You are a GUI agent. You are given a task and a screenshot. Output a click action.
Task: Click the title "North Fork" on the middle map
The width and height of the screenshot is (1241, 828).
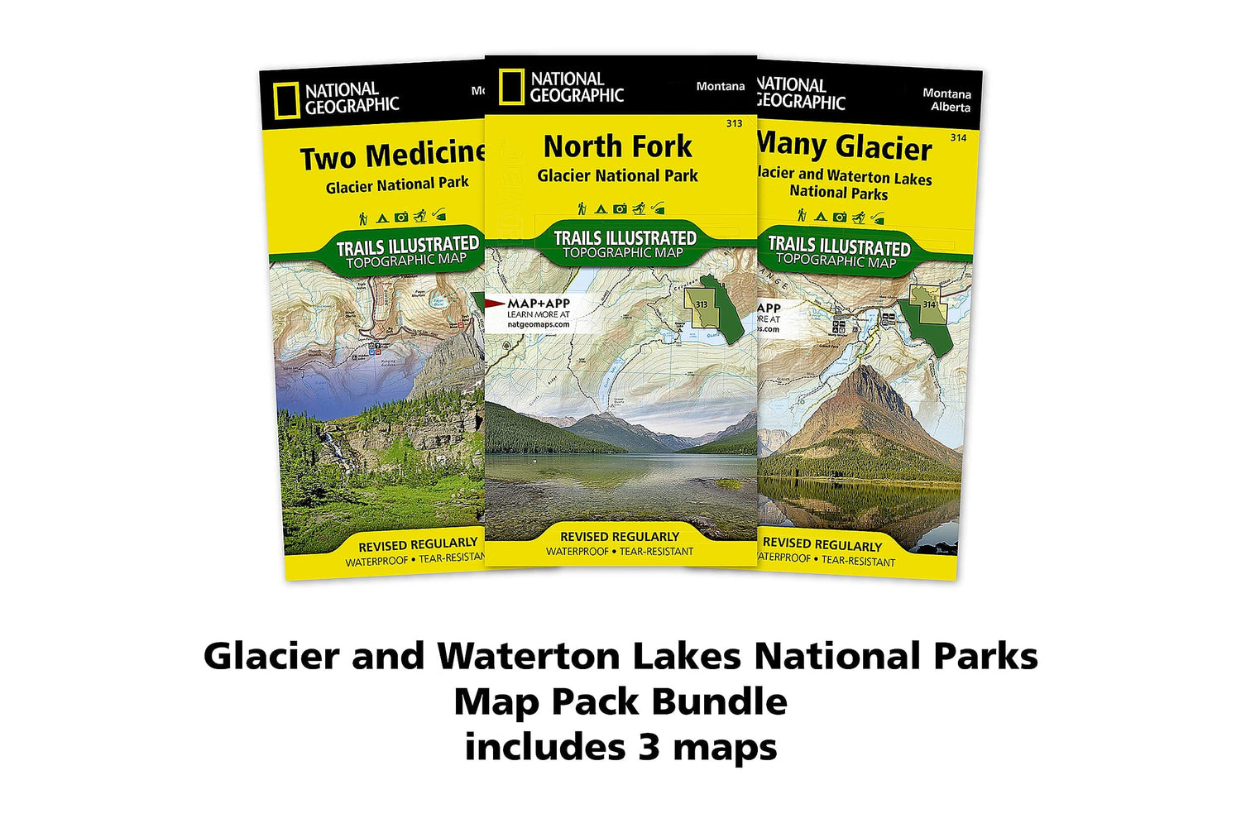[x=617, y=147]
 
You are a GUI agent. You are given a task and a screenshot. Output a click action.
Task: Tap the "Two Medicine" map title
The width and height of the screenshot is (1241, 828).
[x=391, y=156]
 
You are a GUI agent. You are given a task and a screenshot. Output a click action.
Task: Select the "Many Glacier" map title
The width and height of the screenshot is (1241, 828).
[x=844, y=147]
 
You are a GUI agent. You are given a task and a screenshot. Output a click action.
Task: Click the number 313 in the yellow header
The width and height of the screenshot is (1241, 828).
[x=734, y=123]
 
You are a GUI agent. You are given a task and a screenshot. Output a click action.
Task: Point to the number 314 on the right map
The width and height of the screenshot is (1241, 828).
[x=958, y=137]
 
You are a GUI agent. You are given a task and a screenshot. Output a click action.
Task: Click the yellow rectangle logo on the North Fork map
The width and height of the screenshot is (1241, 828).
[x=511, y=87]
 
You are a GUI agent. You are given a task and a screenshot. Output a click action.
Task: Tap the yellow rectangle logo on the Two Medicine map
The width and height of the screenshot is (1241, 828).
[x=287, y=102]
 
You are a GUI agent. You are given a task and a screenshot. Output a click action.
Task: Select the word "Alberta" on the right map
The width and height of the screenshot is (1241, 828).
[x=950, y=108]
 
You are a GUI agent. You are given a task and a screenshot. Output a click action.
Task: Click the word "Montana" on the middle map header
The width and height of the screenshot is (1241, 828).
[x=720, y=86]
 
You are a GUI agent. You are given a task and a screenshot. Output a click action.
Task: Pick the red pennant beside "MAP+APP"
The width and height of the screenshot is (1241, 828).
[x=495, y=304]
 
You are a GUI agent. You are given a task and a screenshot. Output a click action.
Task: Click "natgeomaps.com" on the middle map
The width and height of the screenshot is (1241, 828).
[x=539, y=324]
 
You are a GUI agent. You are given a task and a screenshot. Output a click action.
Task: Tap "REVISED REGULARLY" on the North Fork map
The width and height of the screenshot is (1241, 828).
[x=619, y=537]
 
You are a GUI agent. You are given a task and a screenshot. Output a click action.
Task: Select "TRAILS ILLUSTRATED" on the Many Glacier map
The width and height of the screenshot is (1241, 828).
[x=839, y=246]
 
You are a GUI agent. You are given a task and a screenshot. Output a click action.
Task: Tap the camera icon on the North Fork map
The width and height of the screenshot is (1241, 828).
[x=620, y=209]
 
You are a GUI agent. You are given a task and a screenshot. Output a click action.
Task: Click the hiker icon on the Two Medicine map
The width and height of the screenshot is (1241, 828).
[x=363, y=218]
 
